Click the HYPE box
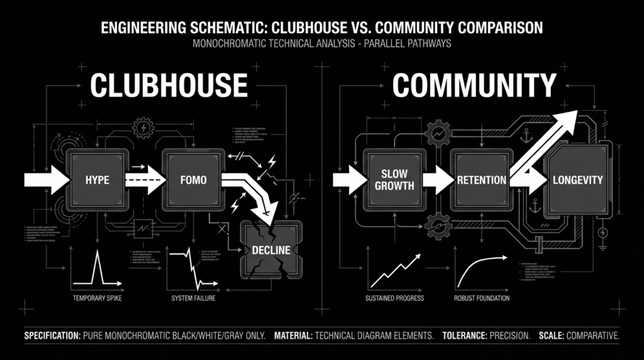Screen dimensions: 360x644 [97, 180]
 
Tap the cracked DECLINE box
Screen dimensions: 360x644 [271, 250]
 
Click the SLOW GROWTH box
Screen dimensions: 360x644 [394, 180]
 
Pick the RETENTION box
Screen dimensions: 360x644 [481, 180]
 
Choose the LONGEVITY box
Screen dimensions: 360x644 [577, 180]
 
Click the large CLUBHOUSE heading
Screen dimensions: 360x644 [169, 85]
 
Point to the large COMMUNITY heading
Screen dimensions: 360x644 [474, 85]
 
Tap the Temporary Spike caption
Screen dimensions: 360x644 [97, 298]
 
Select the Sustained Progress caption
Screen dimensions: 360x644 [394, 298]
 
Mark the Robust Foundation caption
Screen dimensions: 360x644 [481, 298]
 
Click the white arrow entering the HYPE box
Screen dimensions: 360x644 [47, 180]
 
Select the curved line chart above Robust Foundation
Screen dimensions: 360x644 [481, 271]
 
